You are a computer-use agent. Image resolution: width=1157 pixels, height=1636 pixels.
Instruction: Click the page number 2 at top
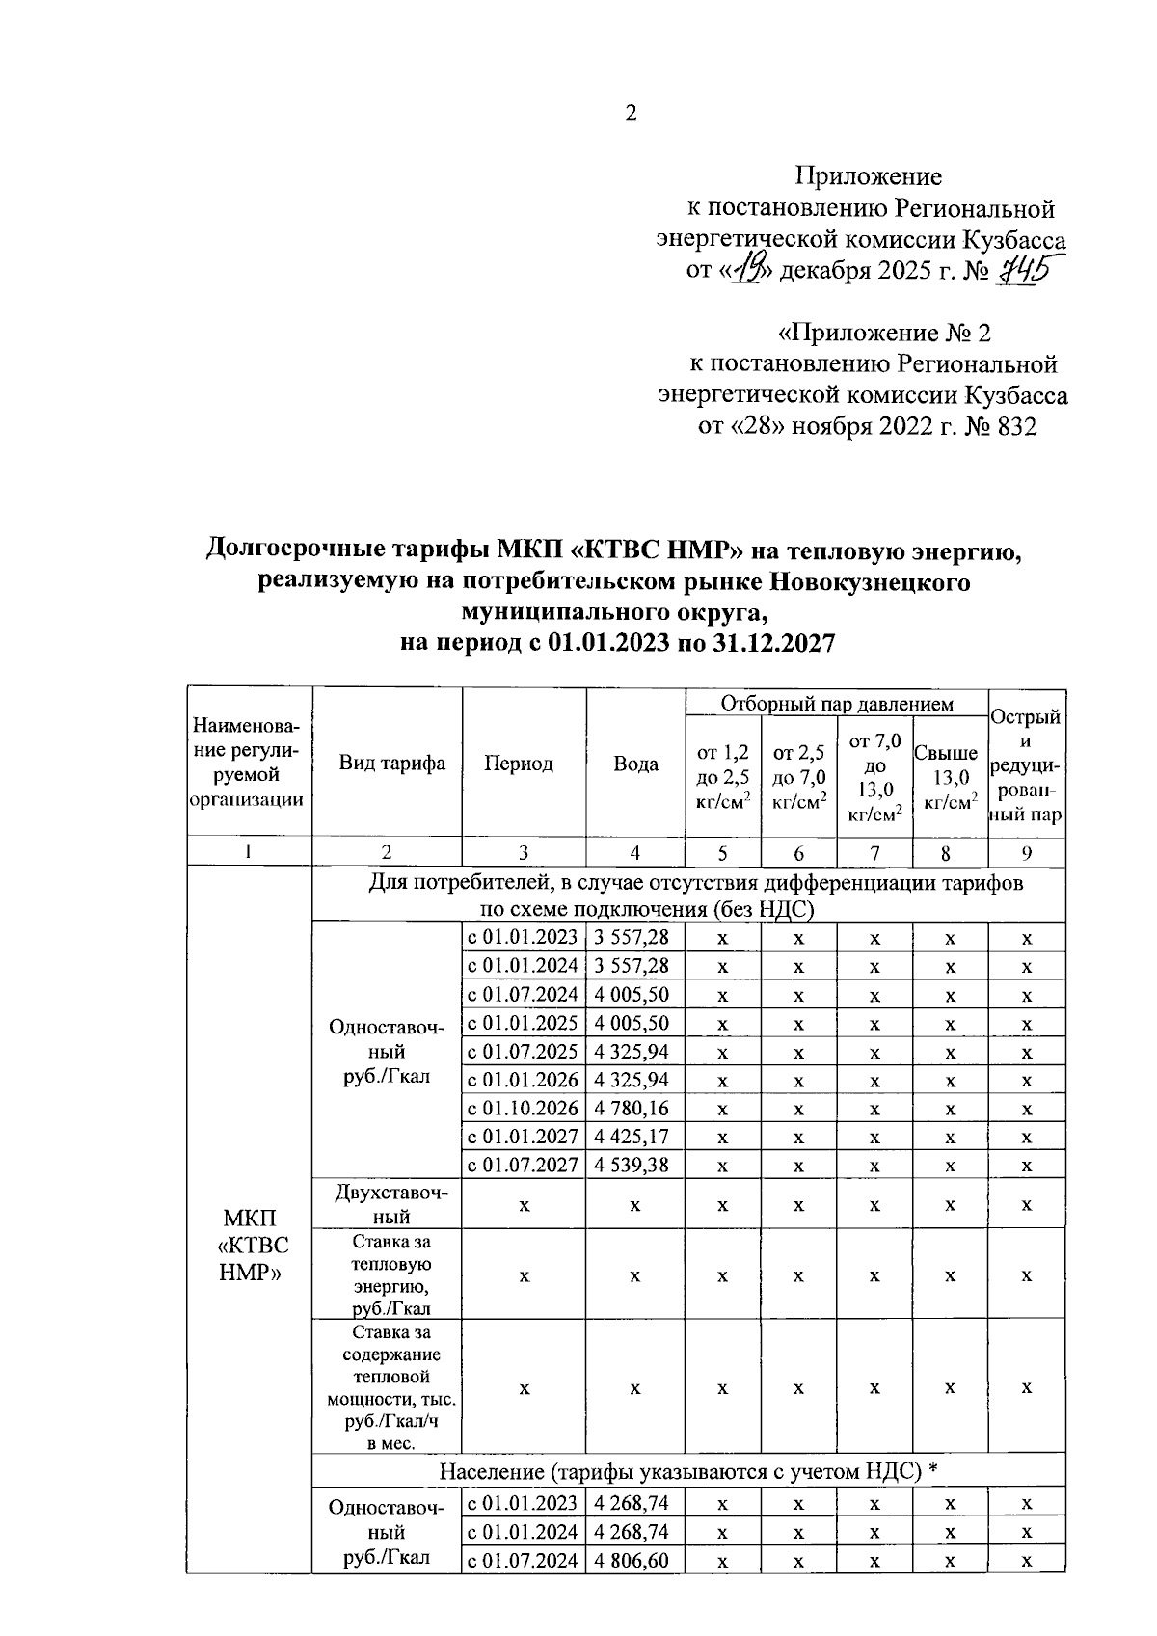tap(632, 114)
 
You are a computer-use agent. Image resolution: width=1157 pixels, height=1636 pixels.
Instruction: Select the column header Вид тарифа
tap(391, 764)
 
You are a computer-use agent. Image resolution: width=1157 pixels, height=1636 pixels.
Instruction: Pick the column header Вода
tap(635, 764)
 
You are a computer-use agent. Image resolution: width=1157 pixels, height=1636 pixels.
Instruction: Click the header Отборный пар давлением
tap(836, 704)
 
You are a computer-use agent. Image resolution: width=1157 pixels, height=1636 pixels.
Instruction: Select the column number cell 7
tap(874, 852)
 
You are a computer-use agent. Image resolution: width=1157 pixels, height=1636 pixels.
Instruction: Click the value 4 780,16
tap(632, 1109)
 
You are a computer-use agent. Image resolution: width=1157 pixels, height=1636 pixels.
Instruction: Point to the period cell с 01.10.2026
tap(523, 1109)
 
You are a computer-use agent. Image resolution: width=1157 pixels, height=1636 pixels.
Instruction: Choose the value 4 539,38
tap(632, 1166)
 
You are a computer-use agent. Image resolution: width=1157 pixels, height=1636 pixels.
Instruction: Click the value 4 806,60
tap(632, 1560)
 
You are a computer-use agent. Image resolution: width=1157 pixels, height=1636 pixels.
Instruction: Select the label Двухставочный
tap(391, 1204)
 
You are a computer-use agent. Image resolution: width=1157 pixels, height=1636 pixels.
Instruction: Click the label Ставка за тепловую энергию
tap(391, 1274)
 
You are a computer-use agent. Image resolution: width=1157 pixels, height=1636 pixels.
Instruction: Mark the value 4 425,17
tap(632, 1137)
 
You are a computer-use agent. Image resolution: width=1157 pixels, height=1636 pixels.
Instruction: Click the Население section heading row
tap(688, 1472)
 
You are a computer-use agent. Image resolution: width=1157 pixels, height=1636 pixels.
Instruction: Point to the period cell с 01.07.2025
tap(523, 1051)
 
